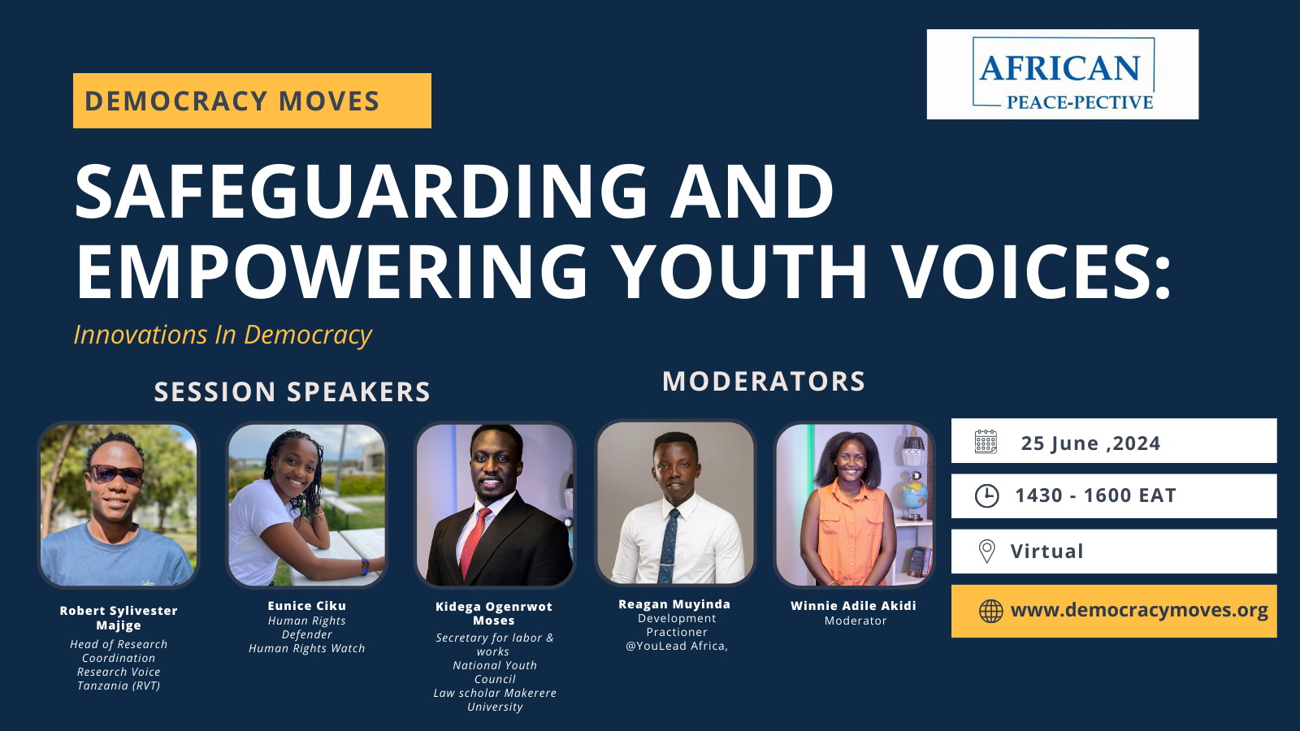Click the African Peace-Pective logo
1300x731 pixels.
tap(1063, 75)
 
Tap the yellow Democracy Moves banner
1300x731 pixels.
tap(252, 101)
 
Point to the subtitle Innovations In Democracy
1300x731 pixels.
tap(223, 335)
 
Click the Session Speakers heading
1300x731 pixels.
tap(292, 392)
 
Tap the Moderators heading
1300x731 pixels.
tap(763, 382)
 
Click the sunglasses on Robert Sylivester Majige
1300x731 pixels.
tap(117, 474)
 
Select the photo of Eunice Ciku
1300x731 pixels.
tap(306, 504)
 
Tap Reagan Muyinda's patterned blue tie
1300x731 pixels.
tap(669, 544)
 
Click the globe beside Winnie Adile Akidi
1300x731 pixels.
tap(914, 493)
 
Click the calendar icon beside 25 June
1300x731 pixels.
tap(986, 442)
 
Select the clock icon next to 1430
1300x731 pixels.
tap(986, 495)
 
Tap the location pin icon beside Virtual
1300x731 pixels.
tap(986, 551)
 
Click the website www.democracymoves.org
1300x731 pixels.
tap(1138, 611)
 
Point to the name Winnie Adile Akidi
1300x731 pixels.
tap(853, 606)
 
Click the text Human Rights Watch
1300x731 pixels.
tap(306, 648)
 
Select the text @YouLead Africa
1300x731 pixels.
tap(676, 646)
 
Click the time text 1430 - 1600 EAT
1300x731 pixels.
tap(1094, 495)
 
